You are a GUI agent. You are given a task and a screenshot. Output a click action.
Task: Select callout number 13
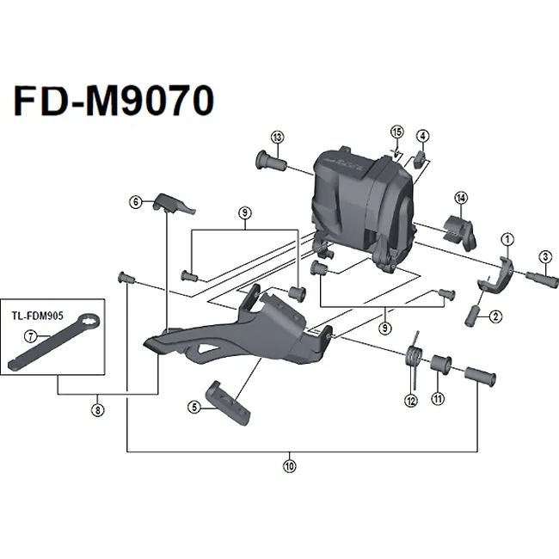point(277,138)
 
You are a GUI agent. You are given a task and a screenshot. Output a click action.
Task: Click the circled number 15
point(396,132)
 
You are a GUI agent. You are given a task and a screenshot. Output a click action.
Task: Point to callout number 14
point(460,199)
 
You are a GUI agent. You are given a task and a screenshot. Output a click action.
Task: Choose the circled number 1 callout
point(507,238)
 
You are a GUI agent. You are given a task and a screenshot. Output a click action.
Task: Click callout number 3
point(544,255)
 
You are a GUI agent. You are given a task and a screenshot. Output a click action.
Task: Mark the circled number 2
point(496,316)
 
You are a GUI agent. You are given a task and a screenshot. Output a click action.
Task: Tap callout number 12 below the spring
point(410,400)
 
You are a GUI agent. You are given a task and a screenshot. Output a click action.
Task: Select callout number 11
point(438,399)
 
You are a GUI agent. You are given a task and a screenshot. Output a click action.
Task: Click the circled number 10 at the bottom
point(289,467)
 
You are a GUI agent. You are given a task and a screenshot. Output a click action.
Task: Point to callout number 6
point(135,202)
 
